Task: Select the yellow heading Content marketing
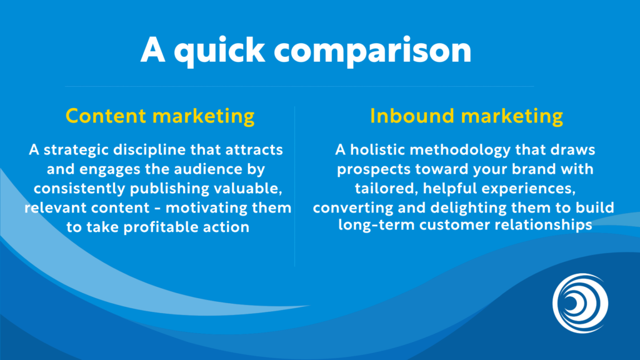[x=160, y=116]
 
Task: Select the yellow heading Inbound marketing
[x=466, y=116]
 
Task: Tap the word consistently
[x=84, y=189]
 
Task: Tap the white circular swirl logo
[x=580, y=303]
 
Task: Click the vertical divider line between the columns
[x=294, y=187]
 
